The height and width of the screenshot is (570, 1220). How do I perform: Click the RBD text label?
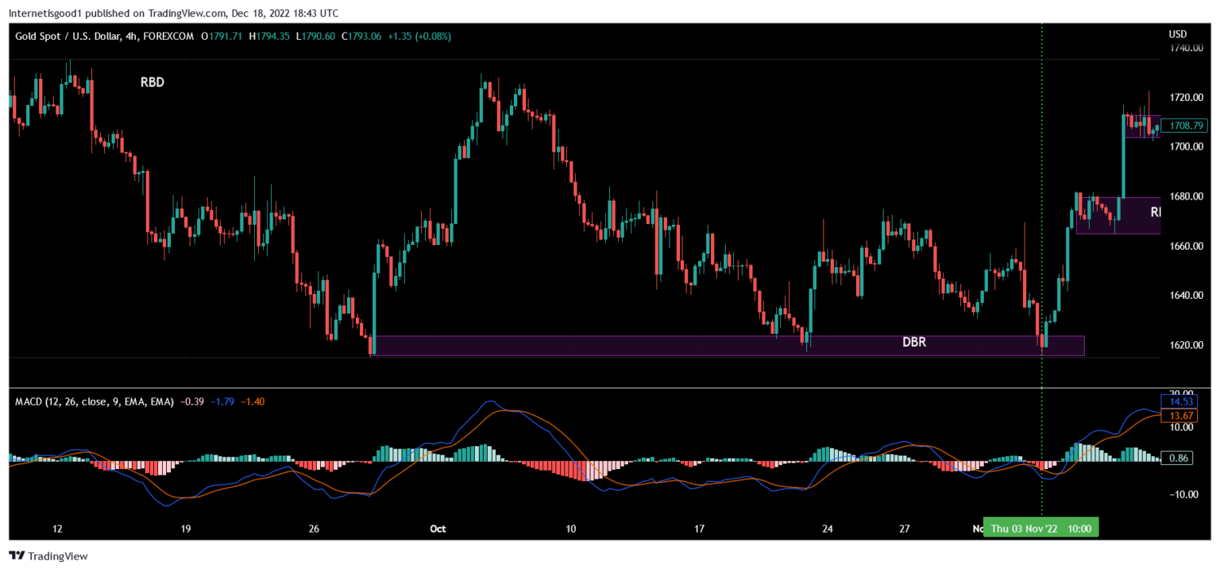point(152,83)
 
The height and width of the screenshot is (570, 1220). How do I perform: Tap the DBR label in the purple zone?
point(914,343)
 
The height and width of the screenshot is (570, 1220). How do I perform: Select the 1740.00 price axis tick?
point(1185,48)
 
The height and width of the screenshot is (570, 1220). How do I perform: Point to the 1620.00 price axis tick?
point(1185,345)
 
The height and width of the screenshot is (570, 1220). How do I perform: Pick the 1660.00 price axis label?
point(1185,246)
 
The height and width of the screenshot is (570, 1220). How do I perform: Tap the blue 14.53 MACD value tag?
point(1176,401)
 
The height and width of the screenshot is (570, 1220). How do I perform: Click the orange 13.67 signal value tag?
point(1176,414)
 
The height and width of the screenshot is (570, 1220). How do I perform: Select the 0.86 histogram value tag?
point(1176,458)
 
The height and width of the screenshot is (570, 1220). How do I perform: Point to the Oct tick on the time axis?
point(438,529)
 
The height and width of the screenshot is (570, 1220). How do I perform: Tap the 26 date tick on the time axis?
point(313,529)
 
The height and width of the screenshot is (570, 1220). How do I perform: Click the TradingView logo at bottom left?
point(48,556)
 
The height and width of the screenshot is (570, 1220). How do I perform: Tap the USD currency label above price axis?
point(1178,34)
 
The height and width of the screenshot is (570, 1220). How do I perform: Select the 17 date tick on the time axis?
point(700,529)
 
